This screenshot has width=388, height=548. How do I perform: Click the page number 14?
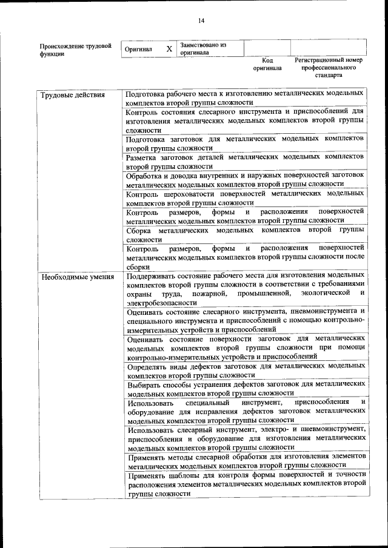tap(201, 21)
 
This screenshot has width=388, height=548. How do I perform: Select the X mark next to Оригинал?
tap(169, 48)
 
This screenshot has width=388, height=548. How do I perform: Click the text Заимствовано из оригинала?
tap(202, 48)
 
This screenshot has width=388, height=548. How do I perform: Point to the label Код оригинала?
tap(267, 64)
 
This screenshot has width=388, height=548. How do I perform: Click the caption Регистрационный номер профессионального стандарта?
tap(328, 68)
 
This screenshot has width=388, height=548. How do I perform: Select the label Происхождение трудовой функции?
tap(75, 49)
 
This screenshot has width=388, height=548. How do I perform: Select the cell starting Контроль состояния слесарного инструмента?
tap(245, 120)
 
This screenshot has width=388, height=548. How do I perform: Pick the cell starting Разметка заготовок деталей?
tap(245, 160)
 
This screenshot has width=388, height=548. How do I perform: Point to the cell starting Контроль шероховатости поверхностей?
tap(245, 197)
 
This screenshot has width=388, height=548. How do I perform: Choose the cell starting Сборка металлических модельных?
tap(245, 235)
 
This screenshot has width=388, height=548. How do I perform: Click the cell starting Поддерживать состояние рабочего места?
tap(245, 288)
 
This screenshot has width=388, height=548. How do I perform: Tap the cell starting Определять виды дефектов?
tap(245, 370)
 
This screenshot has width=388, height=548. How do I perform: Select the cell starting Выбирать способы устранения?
tap(245, 388)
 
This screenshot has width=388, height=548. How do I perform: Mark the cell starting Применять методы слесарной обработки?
tap(245, 461)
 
